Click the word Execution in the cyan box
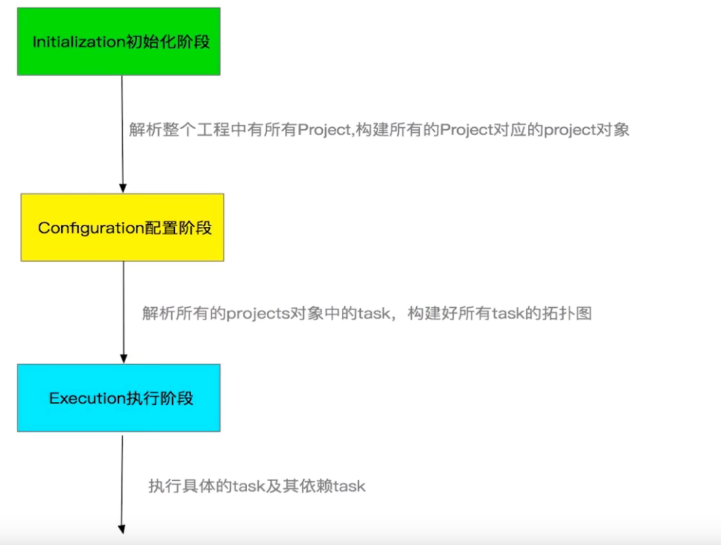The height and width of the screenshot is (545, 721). (78, 398)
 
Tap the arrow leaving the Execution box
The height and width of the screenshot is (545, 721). (122, 482)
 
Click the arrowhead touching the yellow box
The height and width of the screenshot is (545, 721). (122, 188)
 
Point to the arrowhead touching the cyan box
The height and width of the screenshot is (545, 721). (122, 358)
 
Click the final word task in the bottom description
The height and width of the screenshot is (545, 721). (349, 486)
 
